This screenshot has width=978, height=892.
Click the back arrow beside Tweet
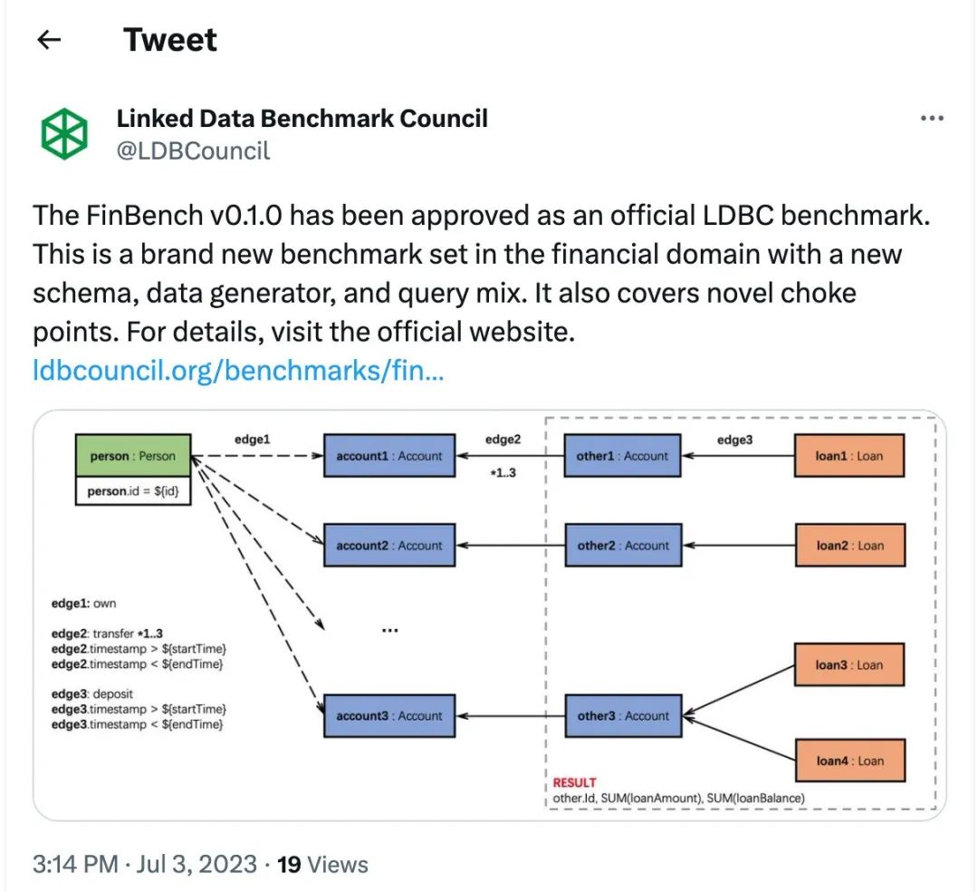[x=48, y=40]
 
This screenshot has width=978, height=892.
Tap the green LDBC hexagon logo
[x=64, y=134]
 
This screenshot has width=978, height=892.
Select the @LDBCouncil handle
[x=193, y=150]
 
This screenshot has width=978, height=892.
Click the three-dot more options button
[x=932, y=119]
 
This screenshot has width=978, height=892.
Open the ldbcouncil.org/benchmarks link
[x=237, y=371]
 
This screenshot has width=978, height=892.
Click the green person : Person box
[x=132, y=456]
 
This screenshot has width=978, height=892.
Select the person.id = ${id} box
[x=132, y=490]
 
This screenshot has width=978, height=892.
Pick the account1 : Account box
[x=389, y=456]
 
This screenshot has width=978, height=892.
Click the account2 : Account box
[x=389, y=546]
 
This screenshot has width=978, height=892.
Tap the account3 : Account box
[x=389, y=716]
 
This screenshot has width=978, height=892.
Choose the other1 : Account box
[x=622, y=456]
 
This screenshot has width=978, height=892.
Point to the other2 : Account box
[x=622, y=546]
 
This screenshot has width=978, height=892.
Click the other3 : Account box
[x=622, y=716]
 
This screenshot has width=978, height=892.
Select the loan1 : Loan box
[x=849, y=456]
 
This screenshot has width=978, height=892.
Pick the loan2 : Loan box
[x=849, y=546]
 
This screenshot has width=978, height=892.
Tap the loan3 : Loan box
[x=849, y=665]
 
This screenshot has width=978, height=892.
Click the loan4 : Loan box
[x=849, y=761]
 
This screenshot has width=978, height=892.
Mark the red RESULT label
[x=575, y=782]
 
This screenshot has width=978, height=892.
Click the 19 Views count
[x=322, y=864]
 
